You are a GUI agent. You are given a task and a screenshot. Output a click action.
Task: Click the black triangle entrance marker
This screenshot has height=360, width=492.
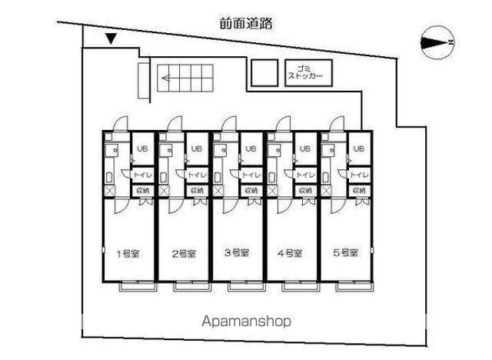coord(111,39)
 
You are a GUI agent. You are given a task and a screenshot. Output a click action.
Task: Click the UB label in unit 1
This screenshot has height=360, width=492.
coord(142,149)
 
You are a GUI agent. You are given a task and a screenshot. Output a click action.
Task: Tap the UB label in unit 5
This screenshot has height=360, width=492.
coord(359,149)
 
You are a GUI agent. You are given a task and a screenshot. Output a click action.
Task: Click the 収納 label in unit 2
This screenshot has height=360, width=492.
coord(196,190)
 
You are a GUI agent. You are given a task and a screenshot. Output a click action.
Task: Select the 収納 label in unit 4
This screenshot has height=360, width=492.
coord(304,190)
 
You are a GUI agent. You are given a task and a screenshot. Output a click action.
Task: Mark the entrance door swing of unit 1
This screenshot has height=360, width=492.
coord(120,125)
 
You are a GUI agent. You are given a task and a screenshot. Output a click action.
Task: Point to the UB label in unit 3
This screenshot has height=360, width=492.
coord(251,149)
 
